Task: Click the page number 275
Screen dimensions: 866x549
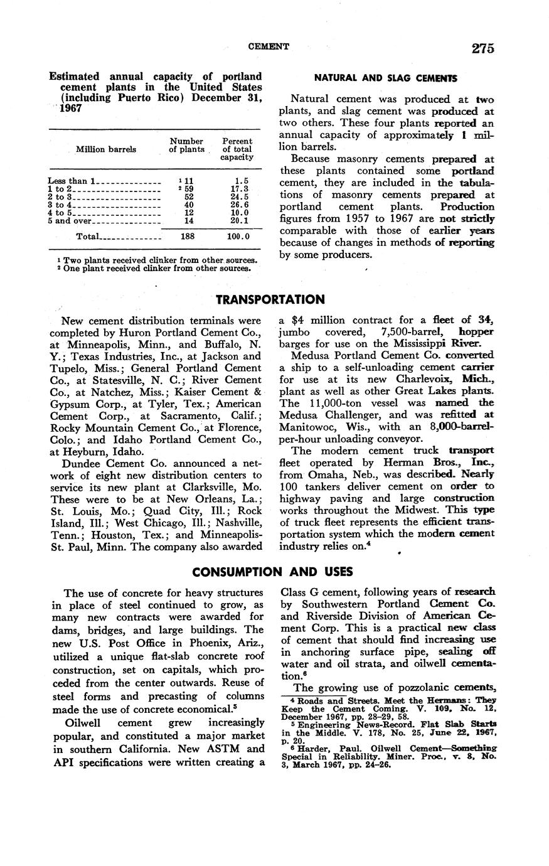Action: [x=479, y=48]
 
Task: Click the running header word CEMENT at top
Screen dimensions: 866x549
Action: [x=269, y=46]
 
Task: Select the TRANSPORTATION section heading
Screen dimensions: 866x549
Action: [x=270, y=299]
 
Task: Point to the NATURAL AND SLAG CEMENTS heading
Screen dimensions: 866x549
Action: [x=385, y=78]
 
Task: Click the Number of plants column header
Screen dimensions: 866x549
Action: [x=186, y=145]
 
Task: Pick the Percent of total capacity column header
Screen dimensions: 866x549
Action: [x=237, y=149]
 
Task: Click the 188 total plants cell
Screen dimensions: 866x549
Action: [x=187, y=237]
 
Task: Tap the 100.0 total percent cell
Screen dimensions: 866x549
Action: [x=238, y=237]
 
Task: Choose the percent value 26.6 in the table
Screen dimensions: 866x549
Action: [x=239, y=205]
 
